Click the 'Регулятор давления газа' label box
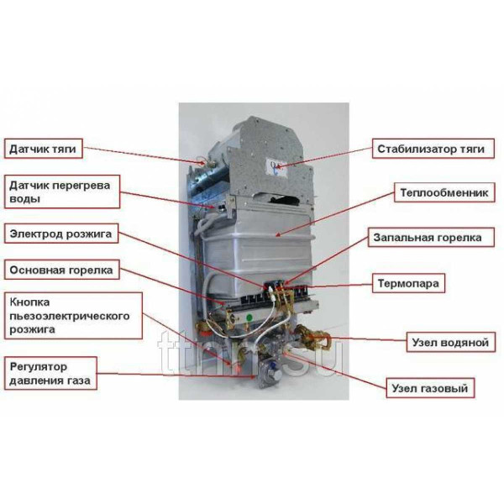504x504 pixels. tap(50, 374)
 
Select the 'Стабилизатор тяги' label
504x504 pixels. tap(429, 149)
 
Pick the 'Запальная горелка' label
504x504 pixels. tap(428, 238)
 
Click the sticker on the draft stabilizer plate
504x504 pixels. tap(278, 165)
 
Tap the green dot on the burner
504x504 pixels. tap(249, 317)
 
